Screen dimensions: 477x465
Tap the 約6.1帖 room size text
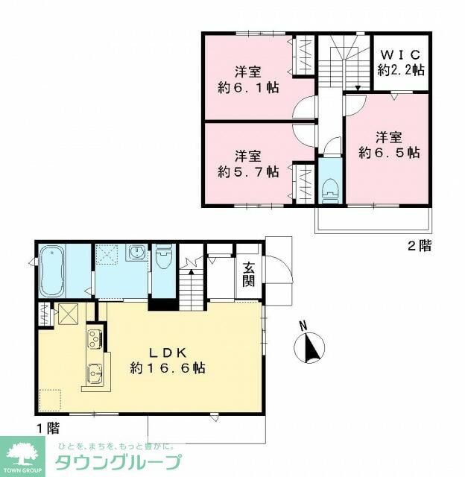click(248, 87)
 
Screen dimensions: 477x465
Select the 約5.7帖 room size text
click(248, 171)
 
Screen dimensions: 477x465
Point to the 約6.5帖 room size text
click(388, 152)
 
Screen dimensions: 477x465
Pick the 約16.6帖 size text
click(168, 368)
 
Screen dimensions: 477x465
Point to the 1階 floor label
click(47, 428)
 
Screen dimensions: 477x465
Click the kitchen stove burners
click(94, 340)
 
